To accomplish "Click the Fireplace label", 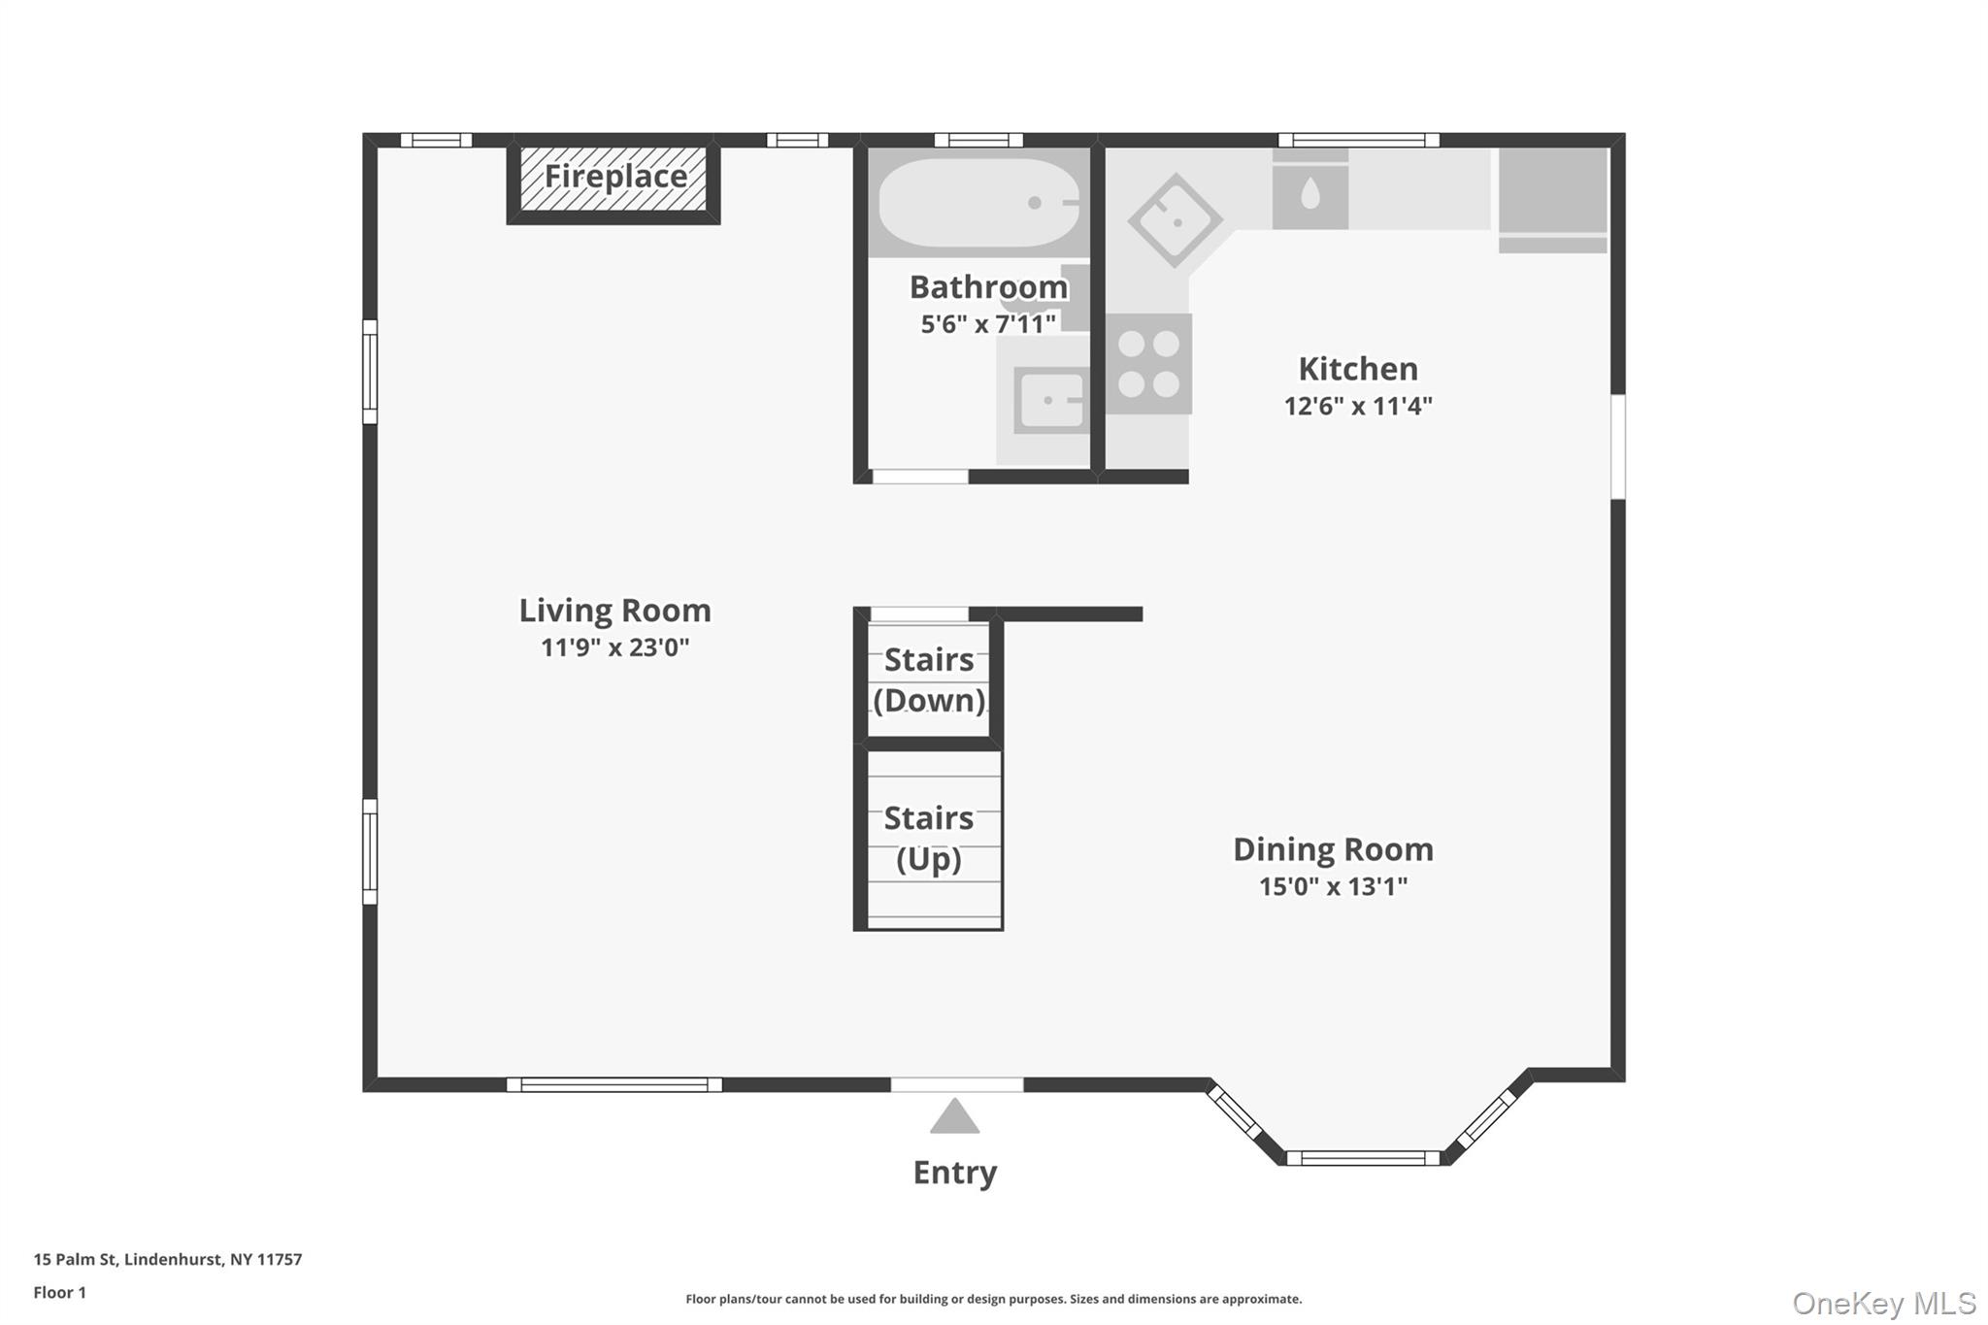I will pyautogui.click(x=615, y=177).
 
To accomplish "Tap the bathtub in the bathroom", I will pyautogui.click(x=978, y=203).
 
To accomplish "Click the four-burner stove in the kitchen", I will pyautogui.click(x=1148, y=364).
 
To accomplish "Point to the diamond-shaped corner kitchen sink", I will pyautogui.click(x=1175, y=221).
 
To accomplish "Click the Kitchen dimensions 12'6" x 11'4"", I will pyautogui.click(x=1357, y=406).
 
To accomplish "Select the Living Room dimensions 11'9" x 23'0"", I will pyautogui.click(x=614, y=647).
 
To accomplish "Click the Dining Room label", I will pyautogui.click(x=1332, y=849).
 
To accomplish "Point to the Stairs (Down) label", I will pyautogui.click(x=929, y=680).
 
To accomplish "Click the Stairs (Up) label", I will pyautogui.click(x=929, y=839).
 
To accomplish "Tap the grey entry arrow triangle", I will pyautogui.click(x=954, y=1118).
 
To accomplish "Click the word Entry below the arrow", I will pyautogui.click(x=954, y=1173).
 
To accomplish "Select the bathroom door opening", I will pyautogui.click(x=919, y=477).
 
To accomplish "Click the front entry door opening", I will pyautogui.click(x=956, y=1085).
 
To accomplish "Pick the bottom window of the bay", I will pyautogui.click(x=1363, y=1158).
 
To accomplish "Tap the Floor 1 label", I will pyautogui.click(x=59, y=1292).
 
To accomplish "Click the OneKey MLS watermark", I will pyautogui.click(x=1883, y=1303).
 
